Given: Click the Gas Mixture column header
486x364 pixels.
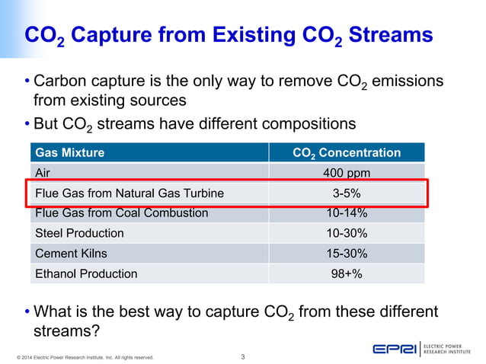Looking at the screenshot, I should coord(70,153).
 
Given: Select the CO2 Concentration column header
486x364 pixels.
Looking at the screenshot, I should coord(347,153).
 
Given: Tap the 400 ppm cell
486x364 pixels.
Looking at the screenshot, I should coord(347,174).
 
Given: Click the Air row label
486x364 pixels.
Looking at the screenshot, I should coord(43,174).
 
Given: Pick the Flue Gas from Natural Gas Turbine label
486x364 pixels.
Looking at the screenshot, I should coord(129,193).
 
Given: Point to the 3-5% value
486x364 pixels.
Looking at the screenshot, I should coord(347,193).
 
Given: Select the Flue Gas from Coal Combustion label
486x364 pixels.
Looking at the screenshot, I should coord(121,213).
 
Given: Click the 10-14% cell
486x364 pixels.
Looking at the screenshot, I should coord(347,213).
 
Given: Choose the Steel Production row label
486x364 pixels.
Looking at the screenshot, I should coord(79,233).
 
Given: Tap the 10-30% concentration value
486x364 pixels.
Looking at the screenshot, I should coord(347,233).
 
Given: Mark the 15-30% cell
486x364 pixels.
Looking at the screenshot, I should coord(347,254).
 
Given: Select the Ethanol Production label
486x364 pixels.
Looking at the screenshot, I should coord(86,273).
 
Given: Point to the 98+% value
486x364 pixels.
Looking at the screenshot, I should coord(347,273).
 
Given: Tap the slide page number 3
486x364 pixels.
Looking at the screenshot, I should coord(242,356).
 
